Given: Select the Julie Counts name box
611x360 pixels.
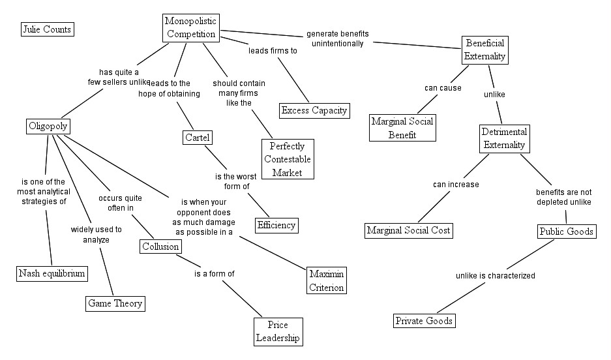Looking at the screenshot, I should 47,29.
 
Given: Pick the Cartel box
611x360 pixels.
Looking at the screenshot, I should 198,138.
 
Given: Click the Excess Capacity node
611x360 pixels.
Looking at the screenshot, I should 314,110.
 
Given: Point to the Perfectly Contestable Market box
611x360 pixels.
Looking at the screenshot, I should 288,158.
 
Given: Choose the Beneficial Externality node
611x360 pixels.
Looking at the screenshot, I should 484,50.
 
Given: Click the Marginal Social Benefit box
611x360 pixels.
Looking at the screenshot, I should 402,128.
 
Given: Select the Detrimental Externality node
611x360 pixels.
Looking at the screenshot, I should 504,138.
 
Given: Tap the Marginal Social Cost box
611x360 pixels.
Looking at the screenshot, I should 408,230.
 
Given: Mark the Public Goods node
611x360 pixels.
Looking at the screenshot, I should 566,231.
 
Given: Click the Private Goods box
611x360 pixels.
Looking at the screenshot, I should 424,320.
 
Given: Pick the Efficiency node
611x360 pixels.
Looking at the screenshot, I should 276,225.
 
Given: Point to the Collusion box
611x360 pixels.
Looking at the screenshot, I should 160,246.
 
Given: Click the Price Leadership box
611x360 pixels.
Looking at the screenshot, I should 277,331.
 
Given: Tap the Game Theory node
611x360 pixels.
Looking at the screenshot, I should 115,303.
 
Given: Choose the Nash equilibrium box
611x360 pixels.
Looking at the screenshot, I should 52,273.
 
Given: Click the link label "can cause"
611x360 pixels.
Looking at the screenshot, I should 443,87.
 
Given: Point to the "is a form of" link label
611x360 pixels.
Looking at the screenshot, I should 214,274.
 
